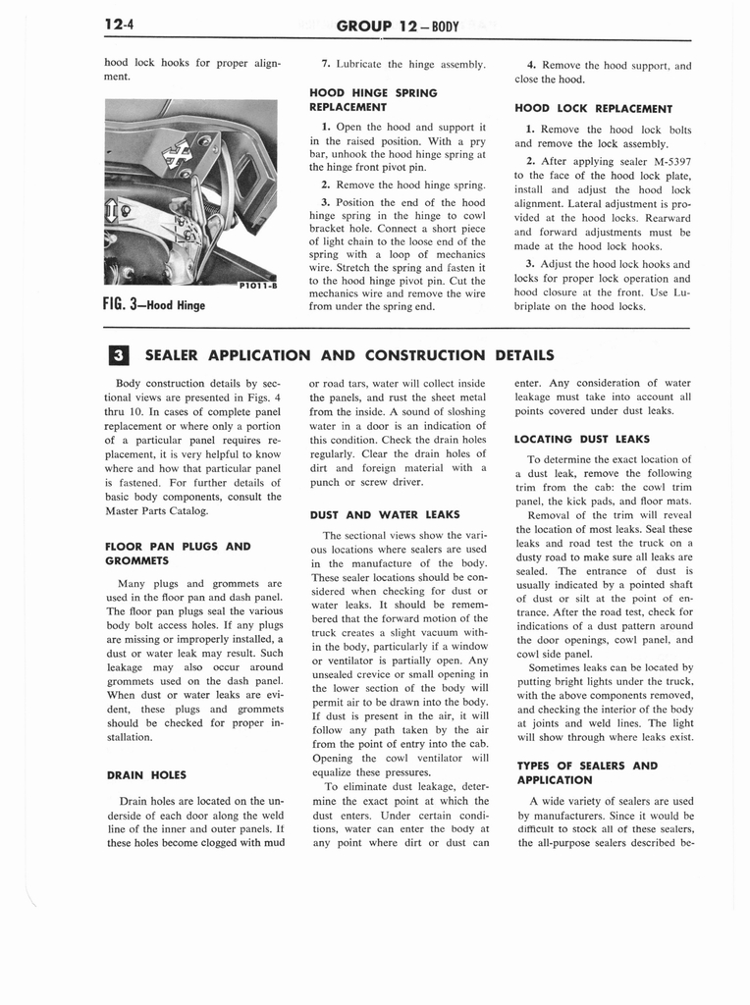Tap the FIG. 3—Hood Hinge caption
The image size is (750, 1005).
(x=154, y=303)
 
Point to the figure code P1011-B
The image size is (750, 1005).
(x=257, y=286)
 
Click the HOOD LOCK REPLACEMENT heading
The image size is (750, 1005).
(x=593, y=109)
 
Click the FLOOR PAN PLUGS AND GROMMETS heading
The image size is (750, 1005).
(x=178, y=554)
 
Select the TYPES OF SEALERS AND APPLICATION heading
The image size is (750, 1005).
(x=586, y=772)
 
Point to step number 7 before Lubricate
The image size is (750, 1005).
(x=325, y=65)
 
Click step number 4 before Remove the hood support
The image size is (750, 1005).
(x=530, y=65)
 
